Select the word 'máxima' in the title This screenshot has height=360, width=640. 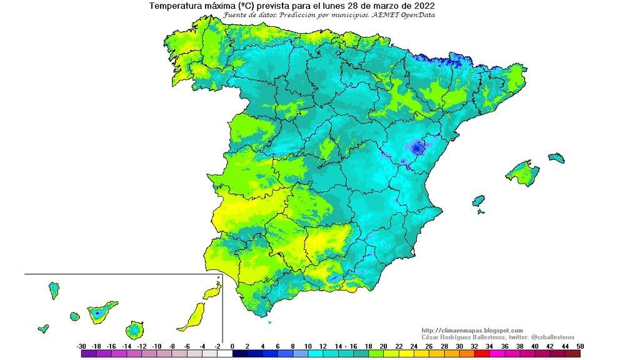[x=216, y=6]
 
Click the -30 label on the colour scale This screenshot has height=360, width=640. [x=81, y=346]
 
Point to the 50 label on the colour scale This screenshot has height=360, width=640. [x=580, y=346]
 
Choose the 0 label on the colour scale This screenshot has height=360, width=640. [x=232, y=346]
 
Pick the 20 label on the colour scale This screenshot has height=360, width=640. [x=383, y=346]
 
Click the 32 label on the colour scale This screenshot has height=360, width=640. [x=474, y=346]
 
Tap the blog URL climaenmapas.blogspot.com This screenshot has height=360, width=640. [x=472, y=331]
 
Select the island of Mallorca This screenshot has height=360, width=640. [x=522, y=172]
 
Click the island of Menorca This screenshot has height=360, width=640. [x=556, y=157]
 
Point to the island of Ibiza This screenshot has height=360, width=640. [x=479, y=201]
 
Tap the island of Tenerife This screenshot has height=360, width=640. [x=101, y=311]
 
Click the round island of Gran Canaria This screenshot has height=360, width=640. [x=134, y=329]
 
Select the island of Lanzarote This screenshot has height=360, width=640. [x=212, y=292]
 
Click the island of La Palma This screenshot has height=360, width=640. [x=54, y=289]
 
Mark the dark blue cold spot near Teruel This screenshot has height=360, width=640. [x=416, y=147]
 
